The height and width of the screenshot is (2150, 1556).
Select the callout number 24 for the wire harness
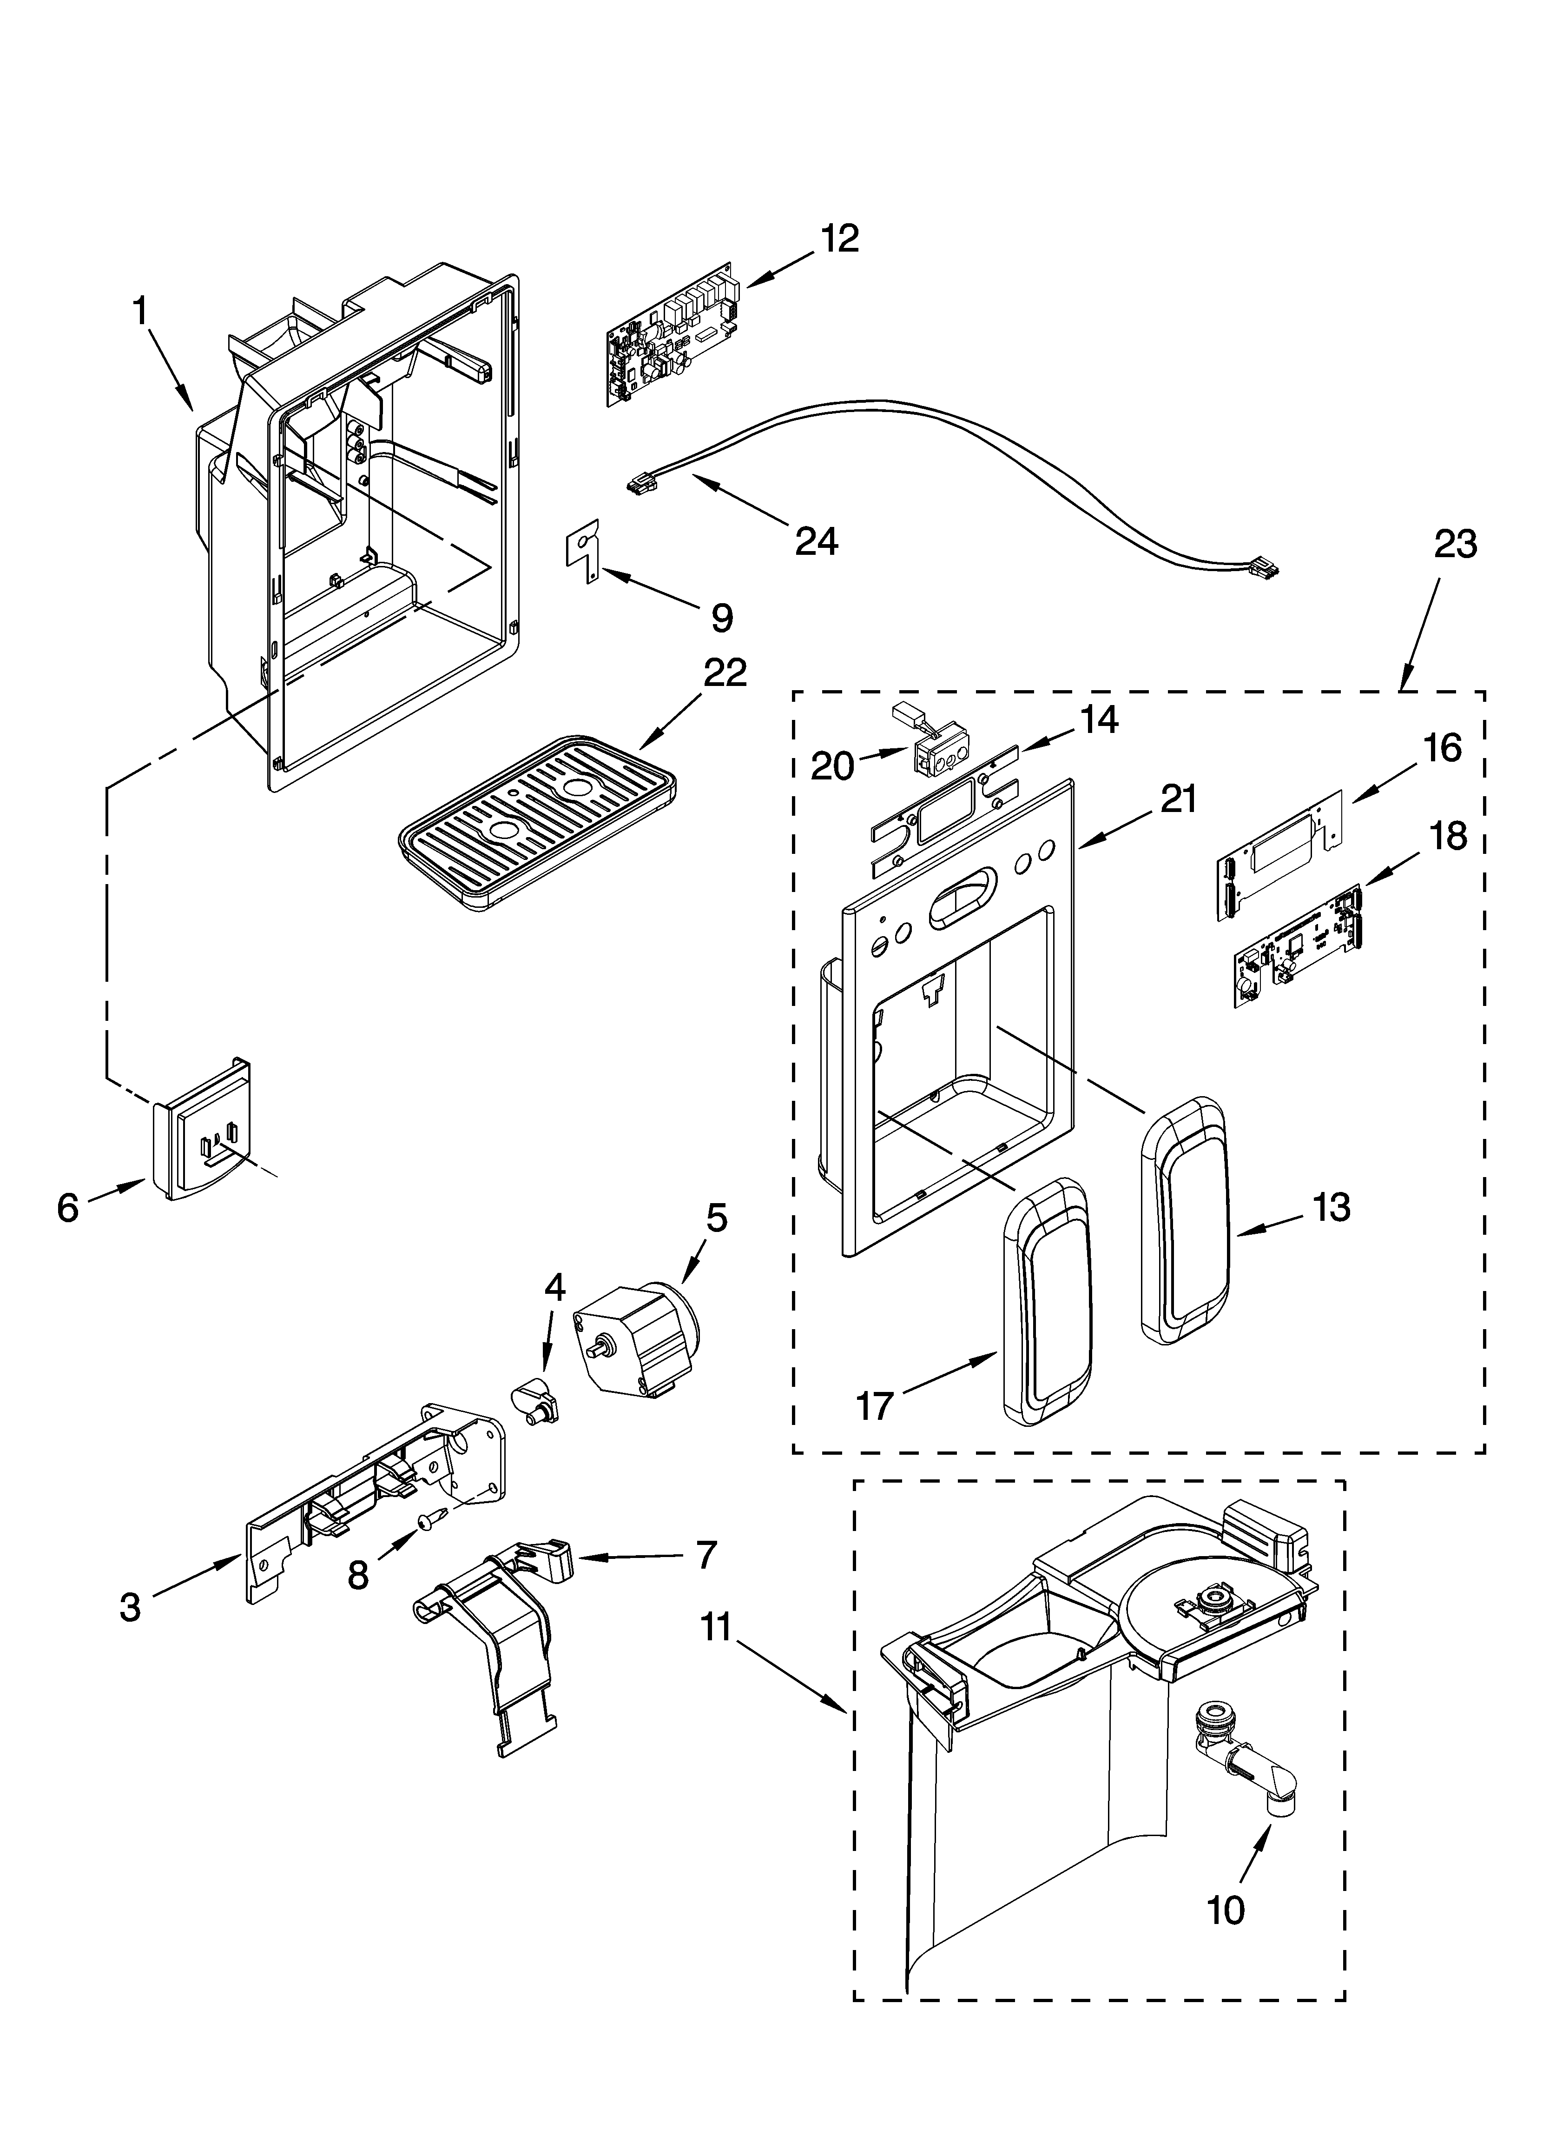pyautogui.click(x=816, y=541)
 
